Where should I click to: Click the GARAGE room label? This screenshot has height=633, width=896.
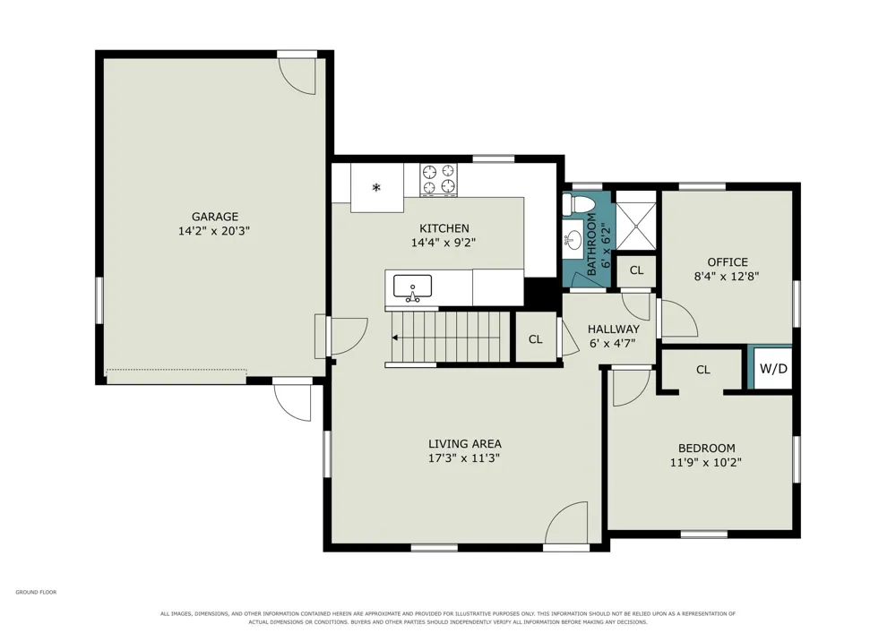pyautogui.click(x=215, y=217)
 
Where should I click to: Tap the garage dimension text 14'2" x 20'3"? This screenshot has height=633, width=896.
pyautogui.click(x=214, y=231)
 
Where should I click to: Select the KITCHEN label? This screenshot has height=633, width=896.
pyautogui.click(x=444, y=228)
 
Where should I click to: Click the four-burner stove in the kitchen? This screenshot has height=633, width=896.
pyautogui.click(x=439, y=180)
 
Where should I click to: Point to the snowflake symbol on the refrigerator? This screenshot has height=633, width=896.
pyautogui.click(x=376, y=187)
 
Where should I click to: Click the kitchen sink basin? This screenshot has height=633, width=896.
pyautogui.click(x=412, y=287)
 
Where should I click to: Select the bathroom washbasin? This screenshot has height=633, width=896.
pyautogui.click(x=573, y=237)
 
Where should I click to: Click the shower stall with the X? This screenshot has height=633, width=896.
pyautogui.click(x=636, y=220)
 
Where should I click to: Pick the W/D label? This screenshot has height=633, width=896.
pyautogui.click(x=773, y=369)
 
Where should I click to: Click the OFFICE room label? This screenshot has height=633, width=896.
pyautogui.click(x=728, y=262)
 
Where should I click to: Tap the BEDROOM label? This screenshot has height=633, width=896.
pyautogui.click(x=706, y=448)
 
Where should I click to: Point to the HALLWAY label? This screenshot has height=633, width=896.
pyautogui.click(x=614, y=329)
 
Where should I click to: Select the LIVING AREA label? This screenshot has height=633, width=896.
pyautogui.click(x=465, y=443)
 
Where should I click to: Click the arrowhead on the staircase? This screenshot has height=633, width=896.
pyautogui.click(x=395, y=338)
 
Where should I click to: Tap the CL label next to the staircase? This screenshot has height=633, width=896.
pyautogui.click(x=536, y=339)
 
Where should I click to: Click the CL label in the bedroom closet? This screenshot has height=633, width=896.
pyautogui.click(x=702, y=370)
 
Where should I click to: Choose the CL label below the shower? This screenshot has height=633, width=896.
pyautogui.click(x=636, y=270)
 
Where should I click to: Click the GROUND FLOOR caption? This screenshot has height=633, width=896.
pyautogui.click(x=36, y=593)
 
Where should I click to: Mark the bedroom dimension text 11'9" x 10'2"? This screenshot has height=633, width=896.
pyautogui.click(x=706, y=462)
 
